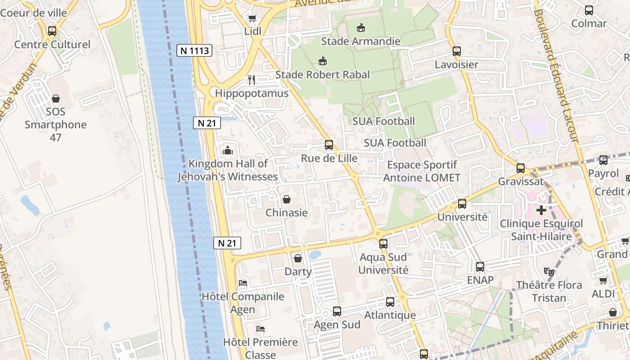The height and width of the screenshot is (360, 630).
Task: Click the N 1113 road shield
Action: (x=194, y=50)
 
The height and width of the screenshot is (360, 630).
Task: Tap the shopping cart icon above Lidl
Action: (x=252, y=18)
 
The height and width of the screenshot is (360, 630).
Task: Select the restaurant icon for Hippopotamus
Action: (x=252, y=80)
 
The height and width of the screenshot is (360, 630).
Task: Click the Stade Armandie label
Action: (x=360, y=41)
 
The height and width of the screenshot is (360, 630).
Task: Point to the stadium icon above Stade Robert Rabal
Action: (x=323, y=61)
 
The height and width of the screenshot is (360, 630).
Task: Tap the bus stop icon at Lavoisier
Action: (x=457, y=51)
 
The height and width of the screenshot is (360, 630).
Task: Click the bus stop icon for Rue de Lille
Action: (x=329, y=145)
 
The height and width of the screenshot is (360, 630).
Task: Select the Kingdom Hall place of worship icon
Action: (x=228, y=150)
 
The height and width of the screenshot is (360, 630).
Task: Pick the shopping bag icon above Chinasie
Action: (x=287, y=199)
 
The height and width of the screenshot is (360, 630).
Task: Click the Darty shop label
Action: (x=298, y=272)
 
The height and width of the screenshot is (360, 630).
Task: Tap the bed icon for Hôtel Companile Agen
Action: (x=243, y=283)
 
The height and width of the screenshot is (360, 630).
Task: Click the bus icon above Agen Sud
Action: (x=337, y=311)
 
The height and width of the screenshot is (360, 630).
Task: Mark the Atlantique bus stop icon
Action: (x=390, y=302)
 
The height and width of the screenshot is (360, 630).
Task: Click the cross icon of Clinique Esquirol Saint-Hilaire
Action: (x=541, y=210)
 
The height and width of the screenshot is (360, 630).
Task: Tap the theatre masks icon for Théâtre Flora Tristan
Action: (x=549, y=271)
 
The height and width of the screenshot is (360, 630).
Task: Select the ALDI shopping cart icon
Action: (x=603, y=281)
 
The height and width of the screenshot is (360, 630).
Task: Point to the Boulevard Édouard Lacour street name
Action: (x=556, y=76)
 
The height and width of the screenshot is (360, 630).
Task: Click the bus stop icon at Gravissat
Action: (x=521, y=168)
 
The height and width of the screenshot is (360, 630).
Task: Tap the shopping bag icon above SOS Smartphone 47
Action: (x=56, y=98)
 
